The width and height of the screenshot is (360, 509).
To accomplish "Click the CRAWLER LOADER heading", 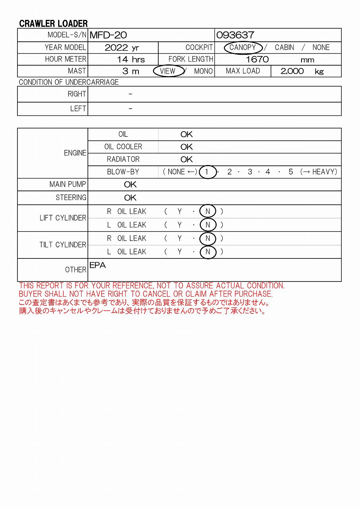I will [53, 23].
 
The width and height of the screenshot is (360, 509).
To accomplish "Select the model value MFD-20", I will [108, 35].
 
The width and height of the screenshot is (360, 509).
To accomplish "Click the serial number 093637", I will [235, 35].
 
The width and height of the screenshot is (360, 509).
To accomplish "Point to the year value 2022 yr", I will [122, 48].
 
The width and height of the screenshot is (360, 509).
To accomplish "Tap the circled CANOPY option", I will [243, 48].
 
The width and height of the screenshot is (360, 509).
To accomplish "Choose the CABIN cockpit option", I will [284, 48].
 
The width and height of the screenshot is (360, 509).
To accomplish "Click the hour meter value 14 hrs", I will [130, 60].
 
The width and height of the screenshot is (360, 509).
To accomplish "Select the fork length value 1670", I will [257, 60].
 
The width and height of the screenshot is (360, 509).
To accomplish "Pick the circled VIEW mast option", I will [168, 71].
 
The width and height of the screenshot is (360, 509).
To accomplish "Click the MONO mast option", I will [203, 71].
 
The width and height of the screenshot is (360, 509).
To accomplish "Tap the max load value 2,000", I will [292, 71].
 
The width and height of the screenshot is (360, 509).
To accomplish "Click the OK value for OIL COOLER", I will [186, 147].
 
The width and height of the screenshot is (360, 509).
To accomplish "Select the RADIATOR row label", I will [123, 159].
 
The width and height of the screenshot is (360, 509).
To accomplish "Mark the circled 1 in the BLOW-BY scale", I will [207, 172].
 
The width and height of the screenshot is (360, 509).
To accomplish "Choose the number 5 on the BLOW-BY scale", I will [291, 172].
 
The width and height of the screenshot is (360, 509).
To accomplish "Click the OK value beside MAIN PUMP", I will [130, 185].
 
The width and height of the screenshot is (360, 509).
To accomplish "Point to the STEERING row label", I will [71, 198].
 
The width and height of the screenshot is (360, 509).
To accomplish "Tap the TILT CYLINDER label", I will [62, 245].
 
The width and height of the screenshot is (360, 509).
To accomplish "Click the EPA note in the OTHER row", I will [97, 265].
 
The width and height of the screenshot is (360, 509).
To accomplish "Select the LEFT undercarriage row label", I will [78, 109].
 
